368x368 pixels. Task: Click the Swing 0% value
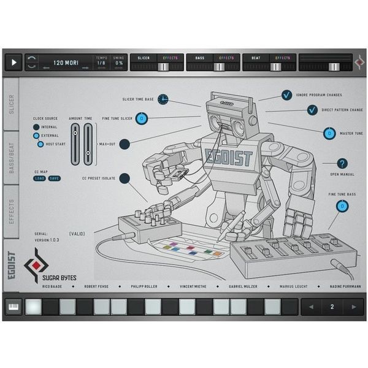(119, 63)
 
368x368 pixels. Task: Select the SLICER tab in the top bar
(144, 58)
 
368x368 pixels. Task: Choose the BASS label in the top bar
(199, 58)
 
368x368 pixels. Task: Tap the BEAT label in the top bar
(256, 58)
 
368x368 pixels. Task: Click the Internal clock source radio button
(36, 127)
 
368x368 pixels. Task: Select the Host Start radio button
(40, 144)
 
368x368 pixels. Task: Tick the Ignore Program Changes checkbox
(286, 95)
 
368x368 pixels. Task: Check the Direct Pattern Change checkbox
(312, 110)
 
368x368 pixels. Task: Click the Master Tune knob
(329, 134)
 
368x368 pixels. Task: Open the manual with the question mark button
(342, 163)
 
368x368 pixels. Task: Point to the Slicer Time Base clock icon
(163, 99)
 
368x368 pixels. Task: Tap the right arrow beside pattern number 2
(352, 307)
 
